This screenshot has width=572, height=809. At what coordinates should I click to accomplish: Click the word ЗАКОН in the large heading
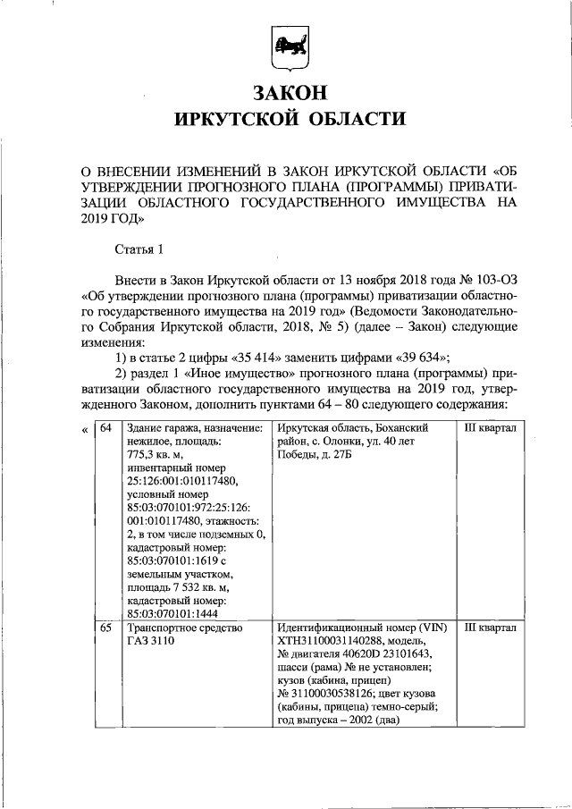tap(286, 92)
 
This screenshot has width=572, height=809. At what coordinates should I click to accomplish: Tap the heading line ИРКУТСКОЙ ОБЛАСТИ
tap(287, 120)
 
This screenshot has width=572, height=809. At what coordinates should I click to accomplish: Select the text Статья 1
tap(140, 248)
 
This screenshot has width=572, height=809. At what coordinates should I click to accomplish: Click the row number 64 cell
tap(105, 428)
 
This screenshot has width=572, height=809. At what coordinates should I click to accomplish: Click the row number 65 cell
tap(105, 628)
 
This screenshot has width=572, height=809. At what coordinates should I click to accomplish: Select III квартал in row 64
tap(491, 428)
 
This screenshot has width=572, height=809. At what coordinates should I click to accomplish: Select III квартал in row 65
tap(491, 628)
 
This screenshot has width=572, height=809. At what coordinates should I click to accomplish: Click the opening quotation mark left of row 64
tap(84, 429)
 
